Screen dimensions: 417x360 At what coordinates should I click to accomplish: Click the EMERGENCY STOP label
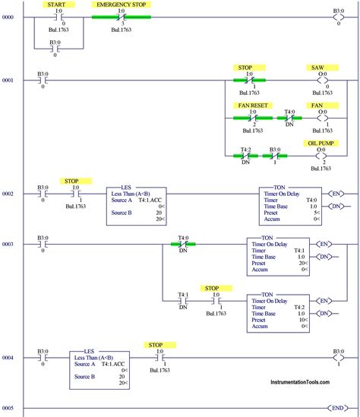coord(120,5)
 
